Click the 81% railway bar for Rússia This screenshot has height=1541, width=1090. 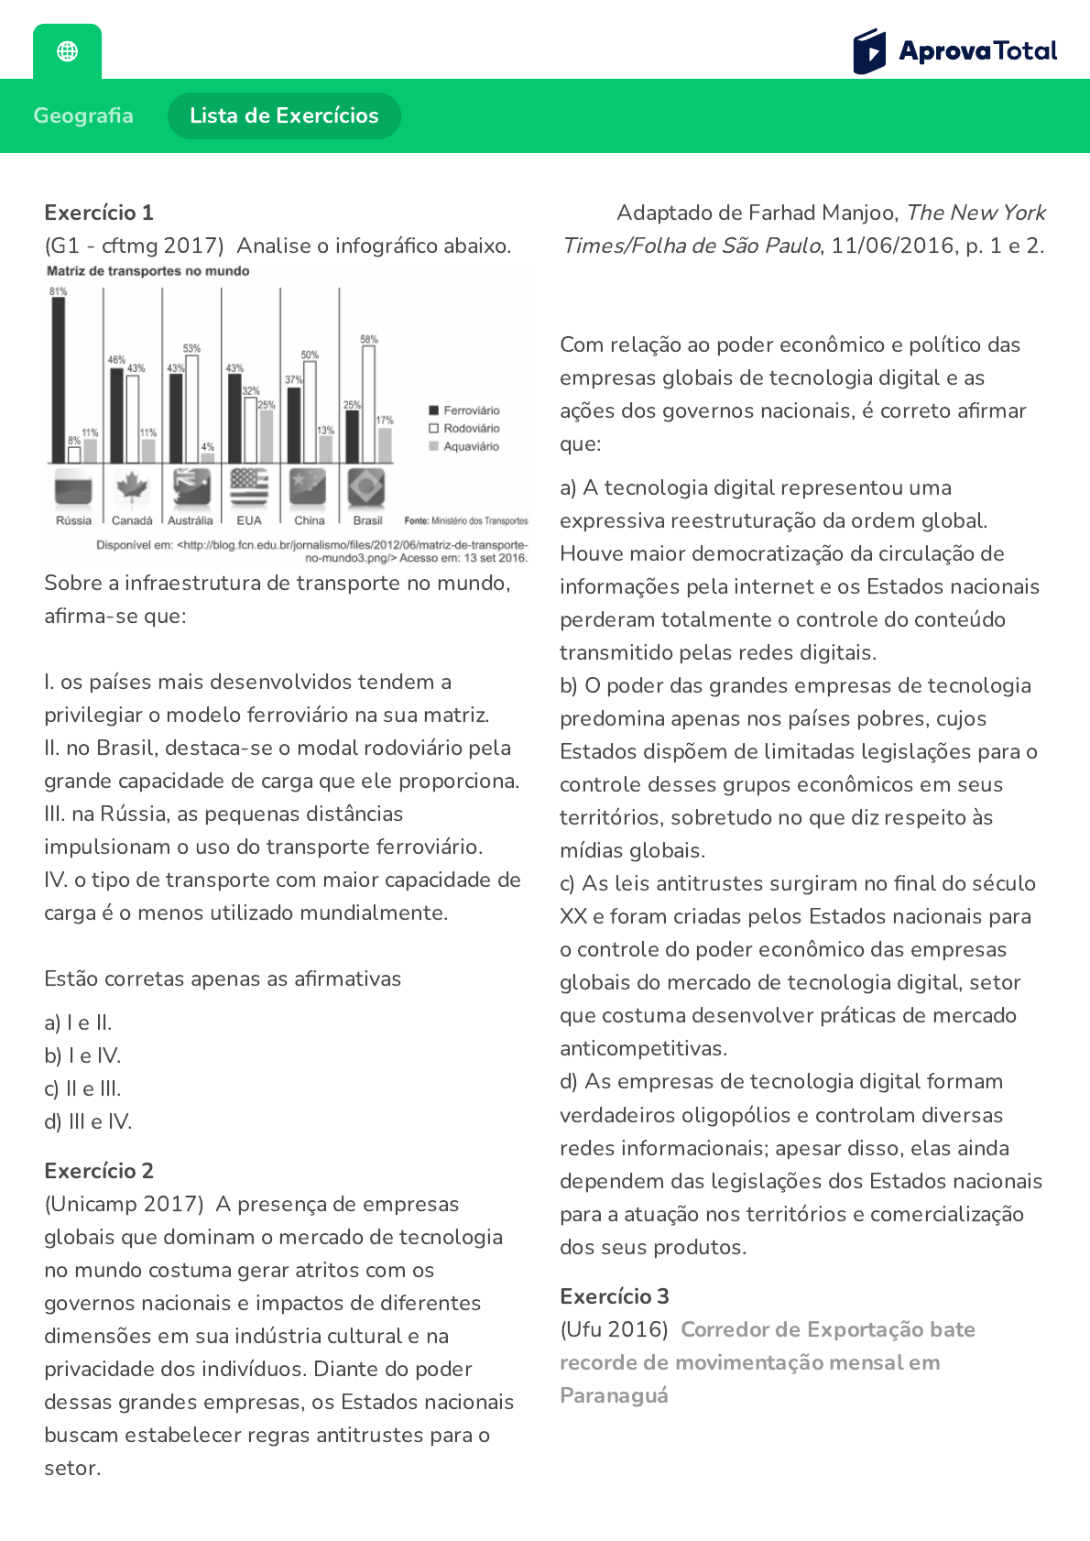[59, 380]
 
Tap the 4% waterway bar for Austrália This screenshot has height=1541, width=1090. [208, 457]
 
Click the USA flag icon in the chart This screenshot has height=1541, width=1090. [249, 486]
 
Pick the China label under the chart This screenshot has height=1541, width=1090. [309, 520]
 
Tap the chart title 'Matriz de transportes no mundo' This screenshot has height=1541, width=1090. [148, 271]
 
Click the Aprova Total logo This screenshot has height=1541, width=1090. [954, 51]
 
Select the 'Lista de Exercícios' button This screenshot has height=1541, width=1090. [284, 115]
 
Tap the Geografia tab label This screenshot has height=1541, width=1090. [83, 115]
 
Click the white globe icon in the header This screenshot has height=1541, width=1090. [67, 51]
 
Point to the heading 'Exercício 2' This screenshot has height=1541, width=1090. [99, 1171]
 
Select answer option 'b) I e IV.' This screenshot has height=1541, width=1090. [82, 1055]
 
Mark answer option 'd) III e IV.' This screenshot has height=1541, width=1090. [88, 1121]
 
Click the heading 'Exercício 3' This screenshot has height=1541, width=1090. [615, 1296]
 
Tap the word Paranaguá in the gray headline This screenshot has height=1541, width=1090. [614, 1395]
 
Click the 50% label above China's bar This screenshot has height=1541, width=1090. [310, 355]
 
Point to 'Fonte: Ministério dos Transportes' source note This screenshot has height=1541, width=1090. [466, 520]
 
